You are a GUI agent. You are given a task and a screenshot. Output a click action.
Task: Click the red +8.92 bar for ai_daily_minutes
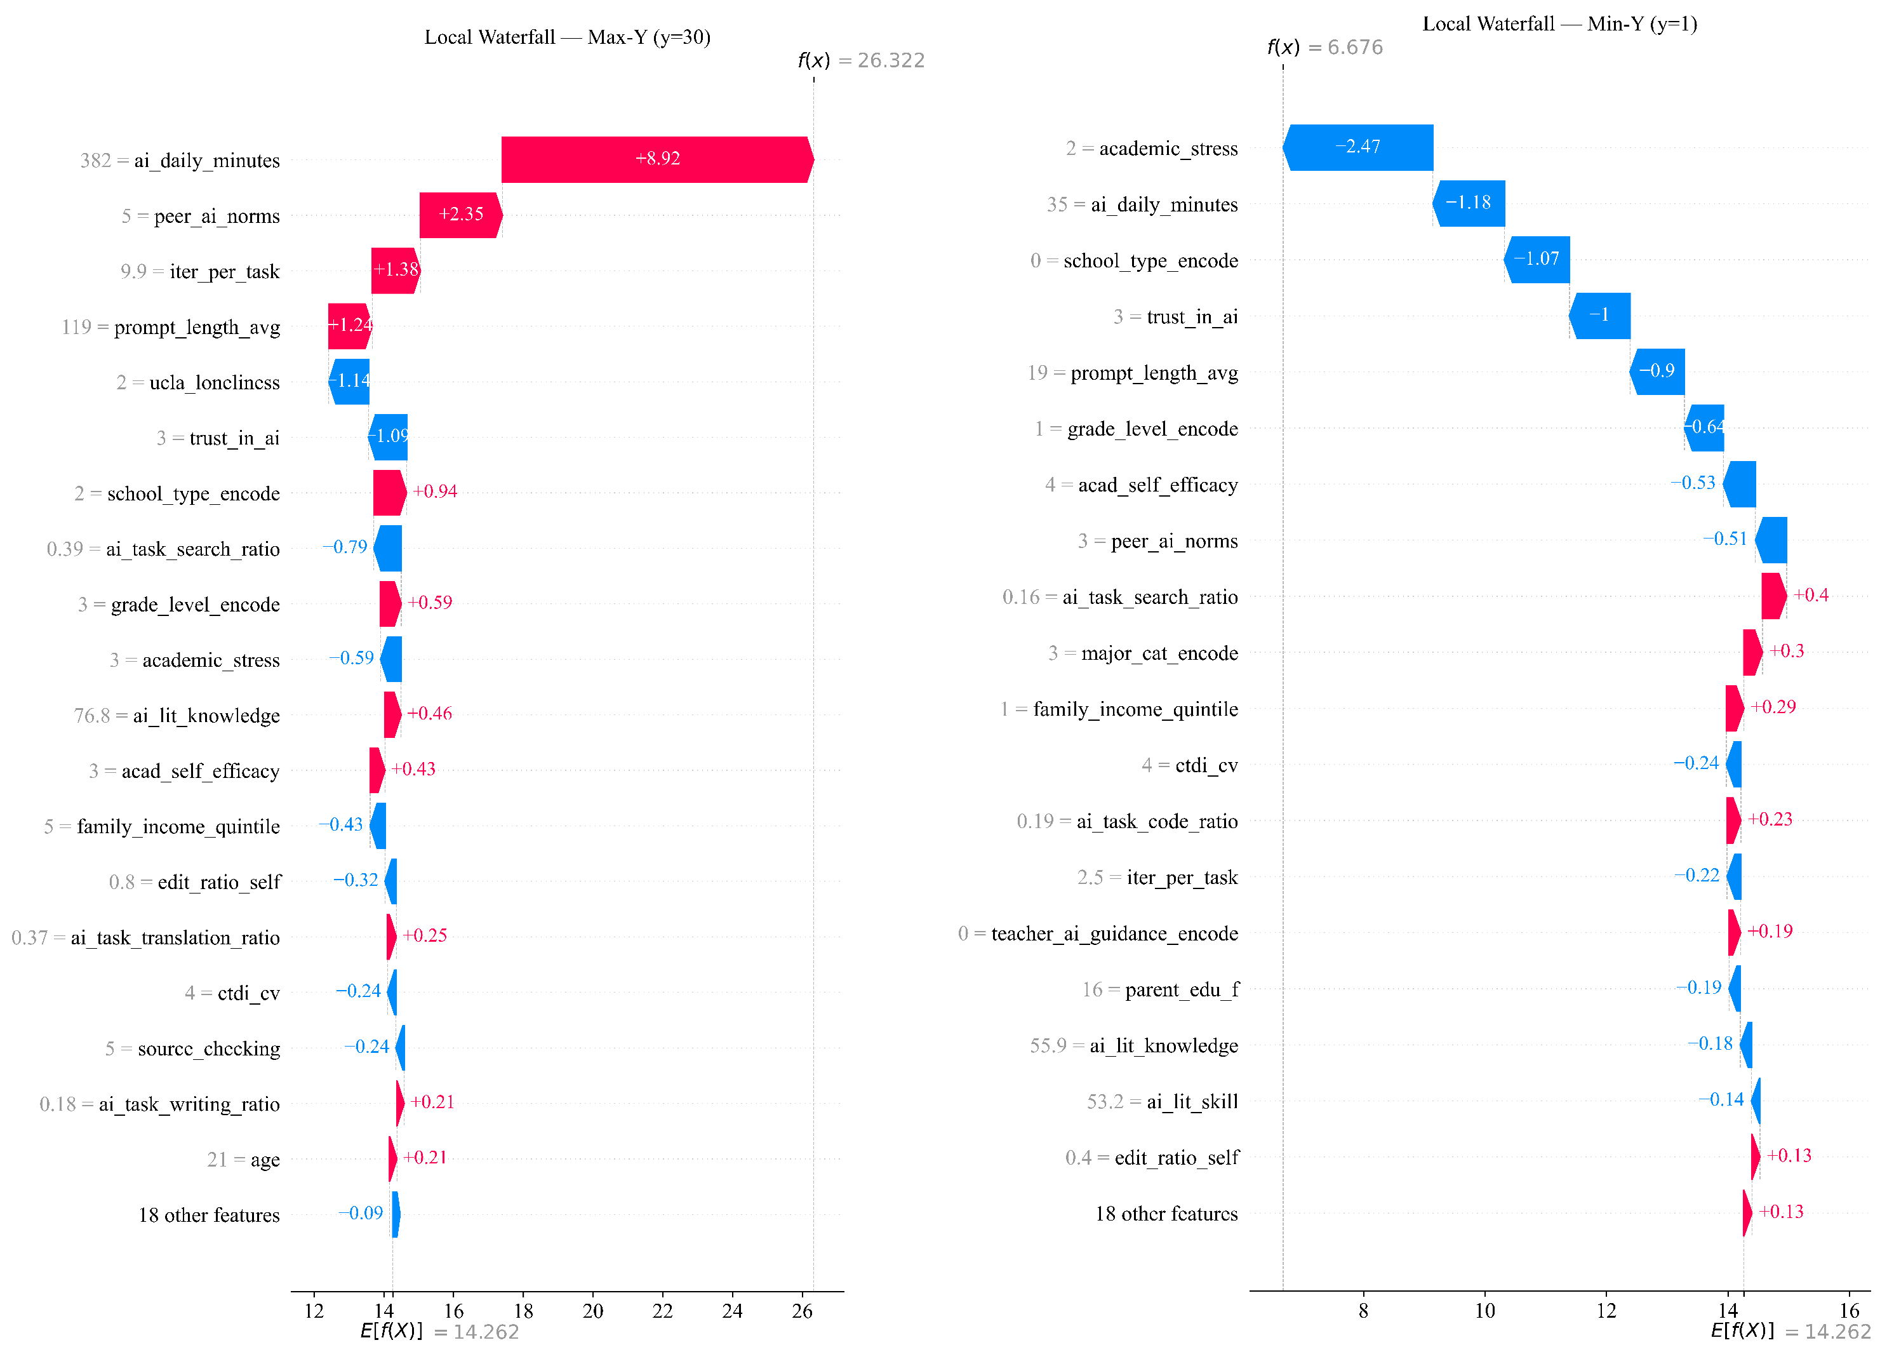tap(657, 159)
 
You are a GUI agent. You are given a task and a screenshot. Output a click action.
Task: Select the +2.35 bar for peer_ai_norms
tap(461, 215)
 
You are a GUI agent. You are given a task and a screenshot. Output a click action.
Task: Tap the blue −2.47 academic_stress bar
tap(1358, 147)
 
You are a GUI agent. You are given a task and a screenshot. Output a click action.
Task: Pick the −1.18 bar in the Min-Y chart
tap(1469, 203)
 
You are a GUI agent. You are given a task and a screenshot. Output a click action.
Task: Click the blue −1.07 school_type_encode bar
tap(1537, 260)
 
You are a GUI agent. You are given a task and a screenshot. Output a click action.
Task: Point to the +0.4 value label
tap(1810, 595)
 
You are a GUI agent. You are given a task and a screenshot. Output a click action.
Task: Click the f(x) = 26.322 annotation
tap(861, 61)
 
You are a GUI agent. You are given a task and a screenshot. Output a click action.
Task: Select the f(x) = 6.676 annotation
tap(1324, 48)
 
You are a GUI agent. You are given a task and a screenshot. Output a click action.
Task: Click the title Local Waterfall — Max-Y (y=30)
tap(568, 37)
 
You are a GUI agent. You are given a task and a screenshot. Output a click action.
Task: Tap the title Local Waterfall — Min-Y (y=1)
tap(1560, 24)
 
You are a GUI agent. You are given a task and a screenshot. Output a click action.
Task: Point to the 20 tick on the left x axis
tap(592, 1311)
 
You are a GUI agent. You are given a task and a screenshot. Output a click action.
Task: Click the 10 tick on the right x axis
tap(1484, 1311)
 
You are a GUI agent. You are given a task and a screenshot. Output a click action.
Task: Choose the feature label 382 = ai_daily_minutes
tap(180, 161)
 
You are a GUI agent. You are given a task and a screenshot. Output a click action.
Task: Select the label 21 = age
tap(243, 1160)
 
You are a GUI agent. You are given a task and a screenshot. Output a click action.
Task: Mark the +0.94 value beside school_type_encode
tap(435, 492)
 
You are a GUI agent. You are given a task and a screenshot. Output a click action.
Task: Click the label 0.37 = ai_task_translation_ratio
tap(145, 938)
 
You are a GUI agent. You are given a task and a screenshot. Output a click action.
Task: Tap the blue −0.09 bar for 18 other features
tap(396, 1214)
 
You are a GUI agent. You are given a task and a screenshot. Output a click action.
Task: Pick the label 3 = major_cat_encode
tap(1143, 653)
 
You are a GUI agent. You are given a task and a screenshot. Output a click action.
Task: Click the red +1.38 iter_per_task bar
tap(396, 271)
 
